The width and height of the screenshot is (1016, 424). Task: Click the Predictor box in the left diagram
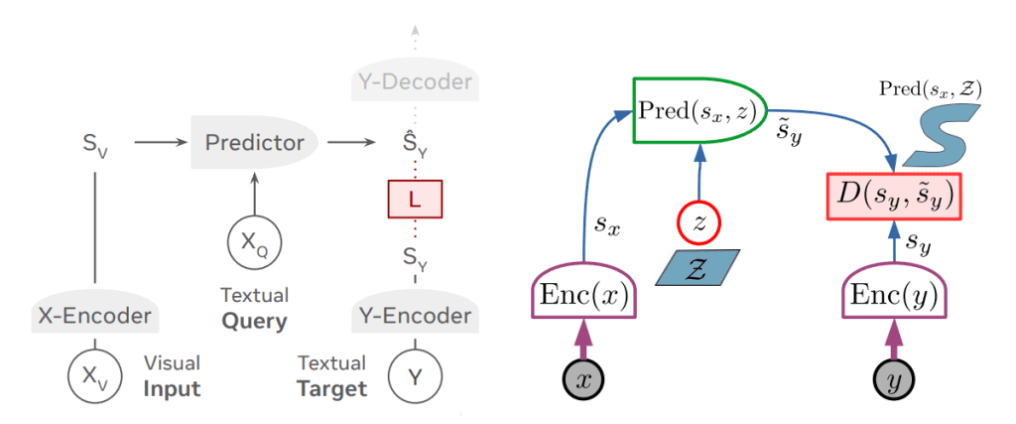(254, 142)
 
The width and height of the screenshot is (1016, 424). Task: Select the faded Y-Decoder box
(415, 81)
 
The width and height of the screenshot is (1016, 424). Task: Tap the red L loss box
(415, 201)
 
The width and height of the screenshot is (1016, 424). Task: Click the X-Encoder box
(94, 316)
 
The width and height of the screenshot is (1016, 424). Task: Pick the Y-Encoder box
(415, 316)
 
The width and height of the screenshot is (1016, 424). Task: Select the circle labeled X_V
(93, 376)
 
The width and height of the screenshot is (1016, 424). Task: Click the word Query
(255, 321)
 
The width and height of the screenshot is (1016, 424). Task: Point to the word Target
(331, 388)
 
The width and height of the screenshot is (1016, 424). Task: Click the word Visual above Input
(173, 363)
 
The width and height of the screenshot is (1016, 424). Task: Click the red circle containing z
(699, 224)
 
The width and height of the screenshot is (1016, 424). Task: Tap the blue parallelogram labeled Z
(699, 266)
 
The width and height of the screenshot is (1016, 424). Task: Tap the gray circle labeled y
(892, 378)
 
